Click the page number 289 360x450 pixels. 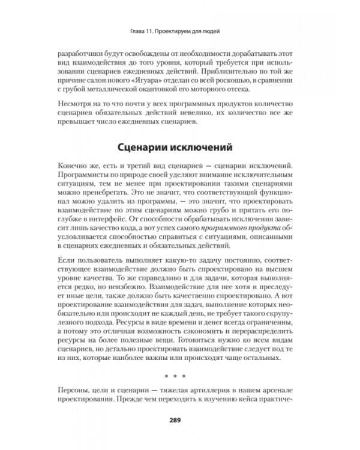click(179, 419)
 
